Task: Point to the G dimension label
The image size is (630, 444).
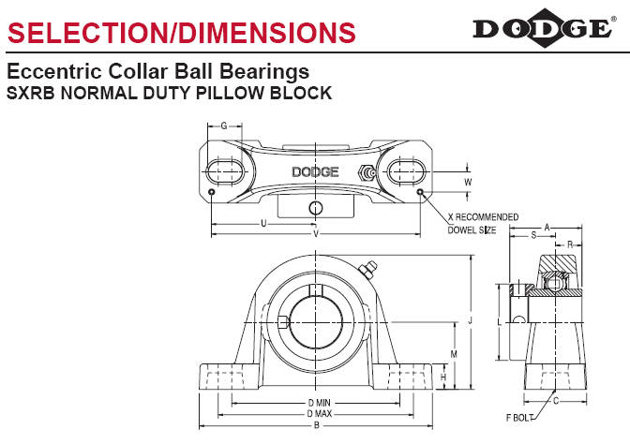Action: pyautogui.click(x=224, y=126)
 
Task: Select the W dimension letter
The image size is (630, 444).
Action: pyautogui.click(x=468, y=182)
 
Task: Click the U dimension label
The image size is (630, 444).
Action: pyautogui.click(x=263, y=223)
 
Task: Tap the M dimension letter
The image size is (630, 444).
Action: pyautogui.click(x=454, y=354)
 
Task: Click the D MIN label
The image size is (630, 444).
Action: pyautogui.click(x=315, y=403)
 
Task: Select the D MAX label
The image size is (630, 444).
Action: pyautogui.click(x=315, y=413)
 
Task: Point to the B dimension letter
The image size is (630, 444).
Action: pyautogui.click(x=315, y=424)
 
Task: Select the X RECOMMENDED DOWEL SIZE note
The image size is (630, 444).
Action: pyautogui.click(x=480, y=222)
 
